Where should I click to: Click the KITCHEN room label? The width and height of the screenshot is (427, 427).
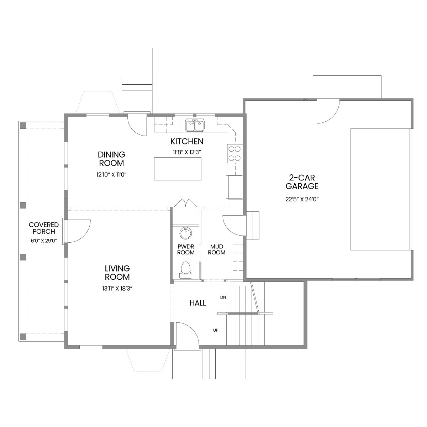pos(187,141)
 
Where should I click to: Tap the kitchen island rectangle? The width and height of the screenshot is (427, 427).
pos(178,169)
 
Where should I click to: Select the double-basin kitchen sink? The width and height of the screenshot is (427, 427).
pos(195,125)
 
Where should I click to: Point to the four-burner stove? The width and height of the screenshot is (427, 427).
pos(235,154)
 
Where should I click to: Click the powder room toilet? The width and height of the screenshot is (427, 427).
pos(185,270)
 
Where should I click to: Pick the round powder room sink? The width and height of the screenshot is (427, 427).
pos(186,233)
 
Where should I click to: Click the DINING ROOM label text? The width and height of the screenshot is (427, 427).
pos(111,159)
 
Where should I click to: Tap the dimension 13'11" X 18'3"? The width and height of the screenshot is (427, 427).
pos(117,289)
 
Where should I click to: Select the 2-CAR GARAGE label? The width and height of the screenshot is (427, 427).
pos(302,182)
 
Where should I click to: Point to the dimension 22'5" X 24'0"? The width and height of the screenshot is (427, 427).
pos(302,199)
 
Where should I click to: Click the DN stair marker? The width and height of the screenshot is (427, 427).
pos(223,297)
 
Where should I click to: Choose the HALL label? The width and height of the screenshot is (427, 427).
pos(197,303)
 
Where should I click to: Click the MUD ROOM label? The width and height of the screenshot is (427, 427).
pos(216,249)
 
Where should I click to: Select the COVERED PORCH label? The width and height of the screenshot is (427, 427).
pos(44,228)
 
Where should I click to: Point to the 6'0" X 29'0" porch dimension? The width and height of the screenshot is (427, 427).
pos(44,241)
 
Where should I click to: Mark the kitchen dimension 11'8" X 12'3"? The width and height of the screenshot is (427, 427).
pos(187,152)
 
